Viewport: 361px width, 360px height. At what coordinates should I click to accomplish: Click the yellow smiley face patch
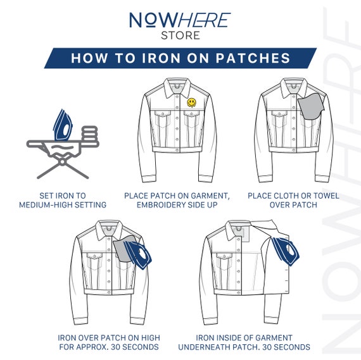pos(191,102)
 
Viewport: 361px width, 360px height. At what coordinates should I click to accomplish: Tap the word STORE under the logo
pos(180,35)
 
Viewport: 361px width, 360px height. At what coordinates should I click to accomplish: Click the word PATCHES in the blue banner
pos(253,58)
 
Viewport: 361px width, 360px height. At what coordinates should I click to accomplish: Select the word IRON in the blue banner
pos(161,58)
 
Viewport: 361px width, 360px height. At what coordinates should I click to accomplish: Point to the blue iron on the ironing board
pos(63,125)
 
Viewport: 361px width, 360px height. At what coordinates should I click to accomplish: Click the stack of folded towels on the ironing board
pos(90,135)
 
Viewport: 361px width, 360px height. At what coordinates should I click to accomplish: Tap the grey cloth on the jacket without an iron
pos(310,106)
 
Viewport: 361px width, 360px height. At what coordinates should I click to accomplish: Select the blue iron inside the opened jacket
pos(286,251)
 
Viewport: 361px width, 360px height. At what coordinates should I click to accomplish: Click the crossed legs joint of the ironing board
pos(62,162)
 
